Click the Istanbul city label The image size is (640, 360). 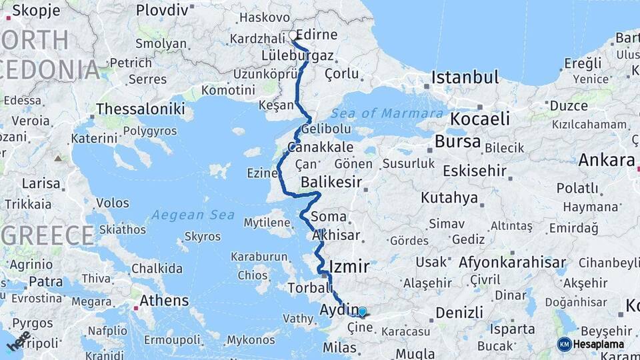(465, 77)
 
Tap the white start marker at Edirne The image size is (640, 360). (293, 35)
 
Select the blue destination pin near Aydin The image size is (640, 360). (362, 311)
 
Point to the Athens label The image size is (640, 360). (164, 301)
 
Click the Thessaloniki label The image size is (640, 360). (140, 109)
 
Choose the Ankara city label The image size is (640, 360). (606, 160)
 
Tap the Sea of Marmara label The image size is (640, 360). (396, 113)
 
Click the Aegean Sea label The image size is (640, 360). (193, 215)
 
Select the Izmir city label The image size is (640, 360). (349, 267)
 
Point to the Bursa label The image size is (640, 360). (457, 141)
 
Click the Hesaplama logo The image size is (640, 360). (591, 344)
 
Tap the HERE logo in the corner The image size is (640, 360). (19, 341)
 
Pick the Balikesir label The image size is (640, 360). (331, 182)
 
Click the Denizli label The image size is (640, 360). (459, 312)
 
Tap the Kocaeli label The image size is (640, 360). (480, 119)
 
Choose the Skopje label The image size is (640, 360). (36, 11)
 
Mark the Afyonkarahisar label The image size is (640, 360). (512, 262)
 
